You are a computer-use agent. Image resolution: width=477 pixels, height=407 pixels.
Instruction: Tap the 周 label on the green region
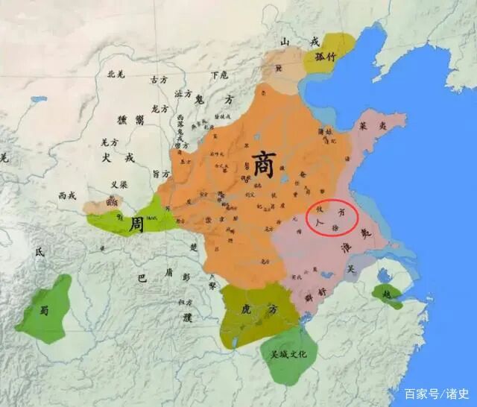pyautogui.click(x=136, y=224)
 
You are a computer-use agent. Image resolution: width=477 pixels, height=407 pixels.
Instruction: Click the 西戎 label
pyautogui.click(x=68, y=195)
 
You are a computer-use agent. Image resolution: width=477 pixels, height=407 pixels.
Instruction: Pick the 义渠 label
pyautogui.click(x=119, y=184)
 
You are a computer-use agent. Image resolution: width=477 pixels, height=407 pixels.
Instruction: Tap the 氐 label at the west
pyautogui.click(x=40, y=252)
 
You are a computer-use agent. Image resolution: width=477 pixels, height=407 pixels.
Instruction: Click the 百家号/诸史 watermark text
pyautogui.click(x=437, y=393)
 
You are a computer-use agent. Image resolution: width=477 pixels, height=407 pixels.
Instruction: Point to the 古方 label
pyautogui.click(x=159, y=79)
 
